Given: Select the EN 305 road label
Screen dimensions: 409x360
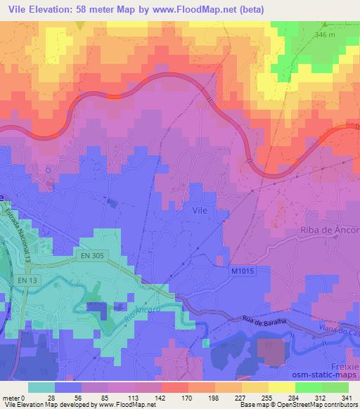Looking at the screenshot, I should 87,257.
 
